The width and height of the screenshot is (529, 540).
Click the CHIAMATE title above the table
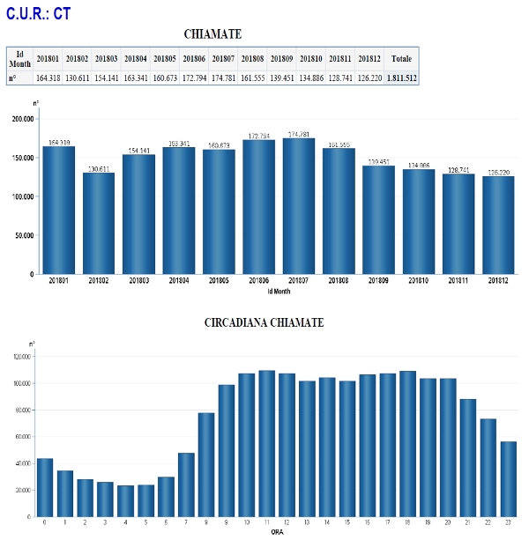click(x=212, y=33)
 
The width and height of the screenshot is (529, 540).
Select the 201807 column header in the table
click(x=223, y=58)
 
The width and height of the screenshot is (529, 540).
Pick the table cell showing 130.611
click(x=77, y=78)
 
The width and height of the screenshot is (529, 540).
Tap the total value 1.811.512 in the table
click(x=401, y=78)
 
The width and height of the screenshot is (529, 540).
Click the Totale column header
click(x=401, y=58)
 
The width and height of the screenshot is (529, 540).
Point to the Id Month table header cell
click(x=19, y=58)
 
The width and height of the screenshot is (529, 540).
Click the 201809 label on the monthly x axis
click(x=377, y=280)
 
